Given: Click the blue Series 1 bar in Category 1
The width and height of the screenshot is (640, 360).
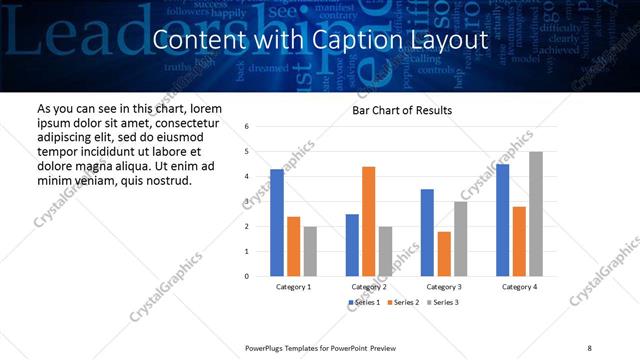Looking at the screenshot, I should click(x=277, y=223).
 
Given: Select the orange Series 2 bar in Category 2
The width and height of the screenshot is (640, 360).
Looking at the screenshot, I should click(x=368, y=221).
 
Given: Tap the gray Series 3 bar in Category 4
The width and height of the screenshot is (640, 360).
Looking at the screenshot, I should click(x=536, y=214).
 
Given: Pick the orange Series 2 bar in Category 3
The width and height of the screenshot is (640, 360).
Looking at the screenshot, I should click(x=444, y=254).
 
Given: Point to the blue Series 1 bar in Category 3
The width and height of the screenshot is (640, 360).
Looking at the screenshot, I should click(x=427, y=232).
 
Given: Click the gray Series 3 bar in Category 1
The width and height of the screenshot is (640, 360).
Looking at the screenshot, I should click(x=310, y=251).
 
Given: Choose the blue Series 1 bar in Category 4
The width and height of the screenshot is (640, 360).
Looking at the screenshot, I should click(x=502, y=220).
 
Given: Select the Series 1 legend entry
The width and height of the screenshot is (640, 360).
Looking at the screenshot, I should click(x=364, y=302).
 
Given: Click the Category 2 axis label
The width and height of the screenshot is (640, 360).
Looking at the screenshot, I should click(x=369, y=287).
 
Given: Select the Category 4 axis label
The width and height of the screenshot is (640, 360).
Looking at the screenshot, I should click(x=519, y=287).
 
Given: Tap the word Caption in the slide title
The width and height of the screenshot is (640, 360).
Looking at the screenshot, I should click(x=371, y=40).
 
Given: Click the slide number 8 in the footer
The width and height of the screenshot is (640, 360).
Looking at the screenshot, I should click(x=589, y=347).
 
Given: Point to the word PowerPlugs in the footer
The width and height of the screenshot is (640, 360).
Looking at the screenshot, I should click(x=265, y=347).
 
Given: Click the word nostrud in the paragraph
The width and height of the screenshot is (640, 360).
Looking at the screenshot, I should click(x=167, y=180).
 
